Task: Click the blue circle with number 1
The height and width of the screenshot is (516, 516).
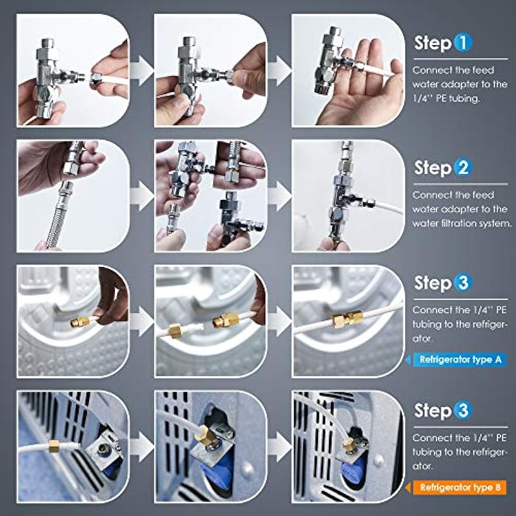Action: click(463, 43)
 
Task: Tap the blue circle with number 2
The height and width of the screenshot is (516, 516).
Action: click(462, 168)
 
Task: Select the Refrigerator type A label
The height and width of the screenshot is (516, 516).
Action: click(460, 360)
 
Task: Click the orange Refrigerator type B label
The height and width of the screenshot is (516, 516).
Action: click(460, 488)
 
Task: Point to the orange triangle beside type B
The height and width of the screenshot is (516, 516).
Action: click(408, 488)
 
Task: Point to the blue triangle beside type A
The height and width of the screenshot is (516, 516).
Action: click(408, 360)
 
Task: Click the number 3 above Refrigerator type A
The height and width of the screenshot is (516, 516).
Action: click(462, 283)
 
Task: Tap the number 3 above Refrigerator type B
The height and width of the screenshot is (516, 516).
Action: click(462, 410)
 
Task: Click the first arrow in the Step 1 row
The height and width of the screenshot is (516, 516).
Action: click(142, 71)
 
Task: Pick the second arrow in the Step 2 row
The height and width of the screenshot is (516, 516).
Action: click(280, 196)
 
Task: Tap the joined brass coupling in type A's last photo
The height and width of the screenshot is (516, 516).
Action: click(348, 319)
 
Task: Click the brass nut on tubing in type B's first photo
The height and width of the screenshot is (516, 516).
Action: click(54, 446)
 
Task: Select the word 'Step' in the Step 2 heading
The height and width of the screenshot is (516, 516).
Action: click(433, 169)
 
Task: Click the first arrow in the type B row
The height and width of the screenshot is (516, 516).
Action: click(142, 446)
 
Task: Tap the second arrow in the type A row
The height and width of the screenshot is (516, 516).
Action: click(280, 321)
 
